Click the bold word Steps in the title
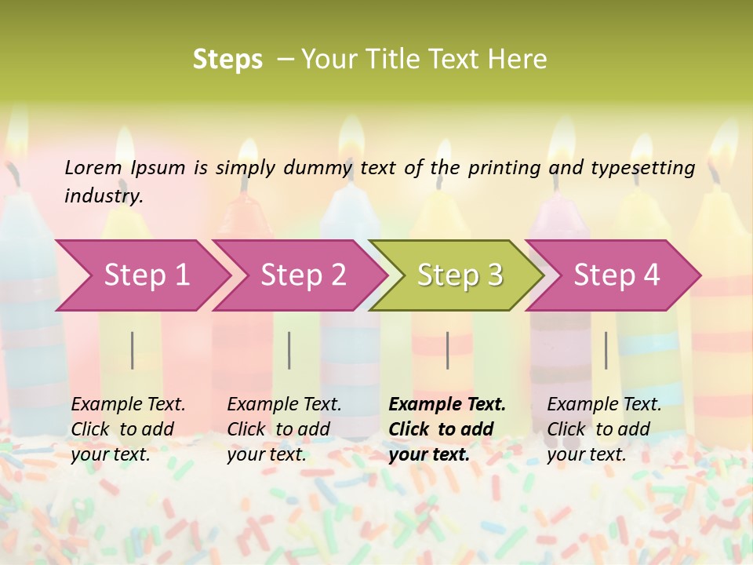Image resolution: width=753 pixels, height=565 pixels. [227, 60]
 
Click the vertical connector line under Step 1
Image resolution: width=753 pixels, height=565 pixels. [133, 350]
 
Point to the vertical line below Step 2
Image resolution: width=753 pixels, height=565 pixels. [289, 350]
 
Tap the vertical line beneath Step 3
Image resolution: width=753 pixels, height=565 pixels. [447, 350]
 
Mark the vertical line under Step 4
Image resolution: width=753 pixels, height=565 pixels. [606, 350]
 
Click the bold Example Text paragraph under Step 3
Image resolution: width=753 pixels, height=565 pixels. [446, 429]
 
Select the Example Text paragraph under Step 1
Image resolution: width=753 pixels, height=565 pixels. [127, 429]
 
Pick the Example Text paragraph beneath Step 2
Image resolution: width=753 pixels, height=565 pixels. [283, 429]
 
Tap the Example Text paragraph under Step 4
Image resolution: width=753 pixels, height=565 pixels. [603, 429]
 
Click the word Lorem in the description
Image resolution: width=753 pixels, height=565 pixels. [93, 168]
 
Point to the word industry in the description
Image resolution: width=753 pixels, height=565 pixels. [103, 196]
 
